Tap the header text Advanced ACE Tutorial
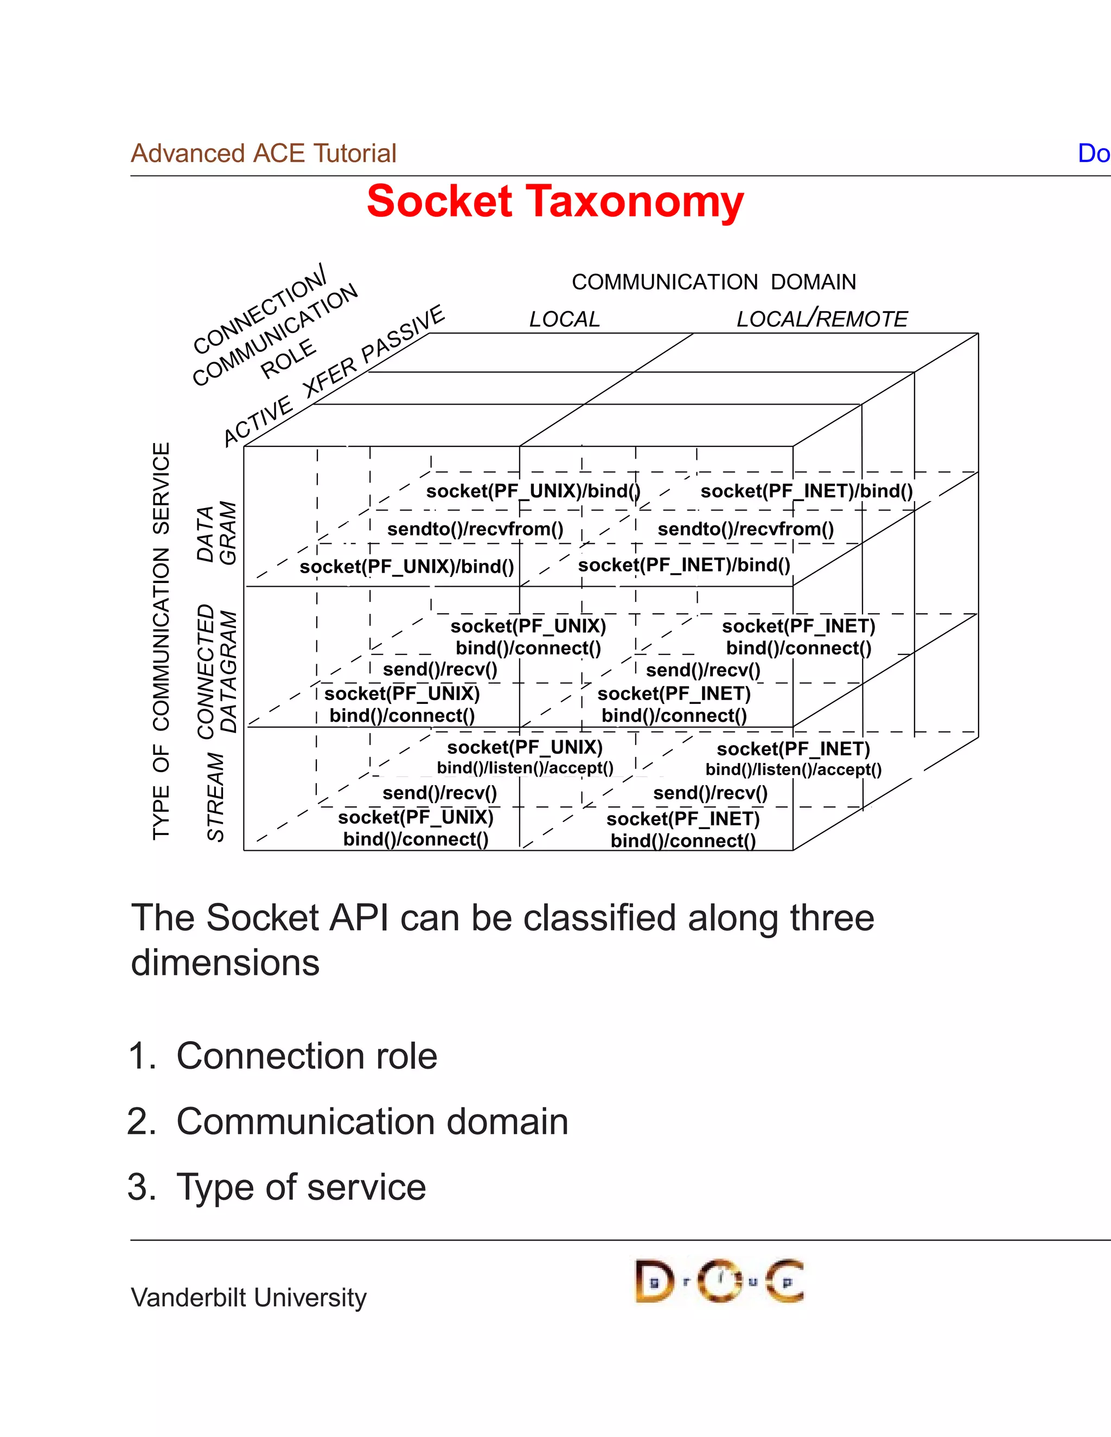(263, 153)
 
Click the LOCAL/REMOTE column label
(821, 318)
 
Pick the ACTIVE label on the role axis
(257, 421)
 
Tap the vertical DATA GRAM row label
(216, 534)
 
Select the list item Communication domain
(372, 1122)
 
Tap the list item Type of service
(301, 1188)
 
